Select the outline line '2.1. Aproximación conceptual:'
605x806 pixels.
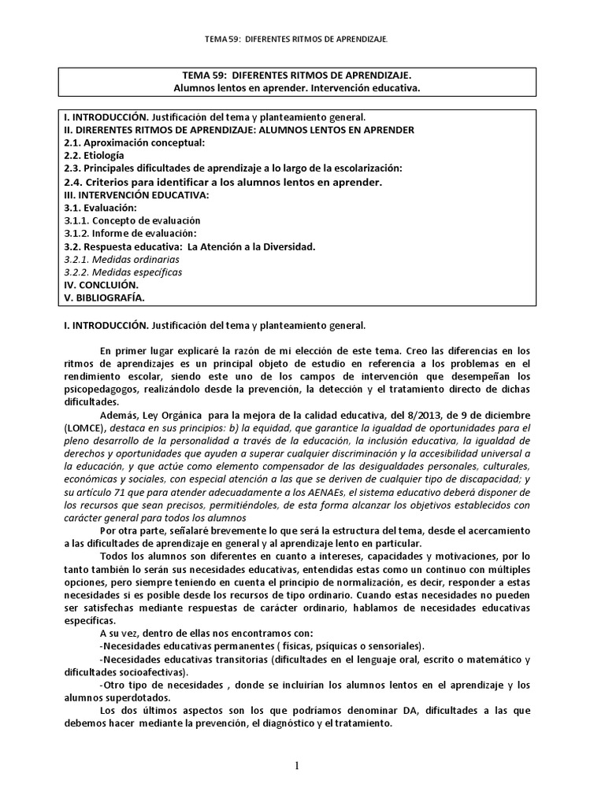click(x=135, y=142)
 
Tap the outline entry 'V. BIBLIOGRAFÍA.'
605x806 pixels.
click(x=104, y=298)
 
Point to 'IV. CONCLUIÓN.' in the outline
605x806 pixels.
click(x=101, y=285)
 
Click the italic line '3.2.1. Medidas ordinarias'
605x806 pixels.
click(x=121, y=259)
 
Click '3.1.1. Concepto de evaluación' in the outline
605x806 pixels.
click(x=132, y=220)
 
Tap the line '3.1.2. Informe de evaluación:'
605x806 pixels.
click(x=130, y=233)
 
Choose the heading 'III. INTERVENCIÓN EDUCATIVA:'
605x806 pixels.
click(x=136, y=194)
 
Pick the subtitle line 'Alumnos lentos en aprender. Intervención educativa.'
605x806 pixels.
click(x=302, y=88)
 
